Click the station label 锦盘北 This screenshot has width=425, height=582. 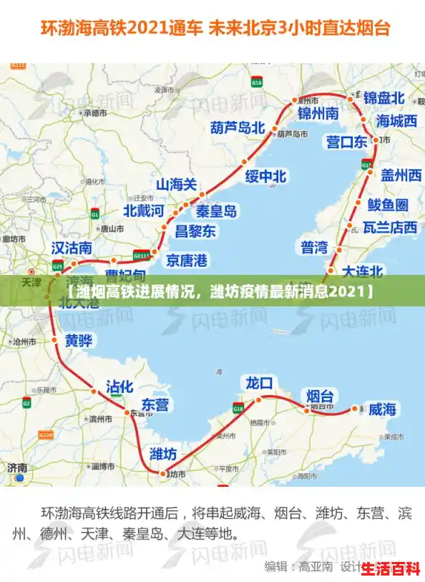(x=384, y=97)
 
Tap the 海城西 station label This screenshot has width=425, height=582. (x=396, y=121)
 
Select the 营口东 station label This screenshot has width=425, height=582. (x=346, y=142)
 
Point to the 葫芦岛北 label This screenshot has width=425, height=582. (x=238, y=128)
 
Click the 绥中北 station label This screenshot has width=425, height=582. (x=265, y=176)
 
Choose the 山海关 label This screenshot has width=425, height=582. (x=176, y=185)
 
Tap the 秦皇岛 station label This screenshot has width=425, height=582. (x=217, y=211)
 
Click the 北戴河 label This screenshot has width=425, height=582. (x=144, y=210)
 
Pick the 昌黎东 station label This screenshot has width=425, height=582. (x=195, y=231)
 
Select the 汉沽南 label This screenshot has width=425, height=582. (x=72, y=248)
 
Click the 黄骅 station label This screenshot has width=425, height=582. (x=79, y=341)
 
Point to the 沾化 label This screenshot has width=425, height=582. (x=120, y=387)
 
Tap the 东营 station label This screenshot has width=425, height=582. (x=155, y=404)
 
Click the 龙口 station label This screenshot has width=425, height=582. (x=259, y=382)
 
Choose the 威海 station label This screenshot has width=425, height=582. (x=383, y=409)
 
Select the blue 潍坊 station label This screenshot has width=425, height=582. (x=163, y=454)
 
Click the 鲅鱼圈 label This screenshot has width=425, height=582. (x=388, y=205)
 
